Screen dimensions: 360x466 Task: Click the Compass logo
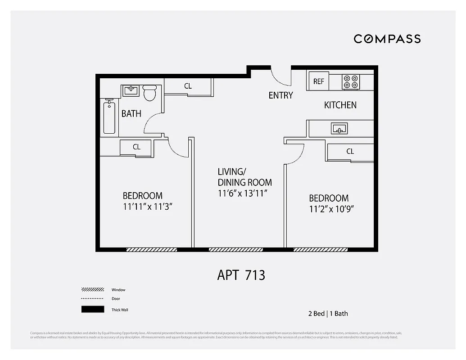[x=387, y=39]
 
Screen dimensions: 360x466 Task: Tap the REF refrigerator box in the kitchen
[x=318, y=81]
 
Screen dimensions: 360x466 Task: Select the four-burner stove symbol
[x=351, y=81]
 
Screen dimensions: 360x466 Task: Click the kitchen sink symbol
[x=339, y=129]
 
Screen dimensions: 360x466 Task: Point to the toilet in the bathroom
[x=149, y=93]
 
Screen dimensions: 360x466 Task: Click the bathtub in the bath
[x=109, y=117]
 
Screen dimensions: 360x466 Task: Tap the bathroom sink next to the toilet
[x=131, y=90]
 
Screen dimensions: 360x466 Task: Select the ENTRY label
[x=281, y=95]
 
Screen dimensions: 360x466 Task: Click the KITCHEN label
[x=340, y=105]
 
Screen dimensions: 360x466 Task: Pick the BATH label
[x=131, y=114]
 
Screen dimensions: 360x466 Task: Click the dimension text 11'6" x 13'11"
[x=243, y=193]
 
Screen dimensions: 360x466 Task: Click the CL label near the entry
[x=188, y=86]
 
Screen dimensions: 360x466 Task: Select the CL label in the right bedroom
[x=350, y=152]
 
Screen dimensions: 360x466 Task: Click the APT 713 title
[x=241, y=275]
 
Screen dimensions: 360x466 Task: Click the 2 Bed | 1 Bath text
[x=328, y=314]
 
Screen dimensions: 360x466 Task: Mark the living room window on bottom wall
[x=235, y=249]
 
